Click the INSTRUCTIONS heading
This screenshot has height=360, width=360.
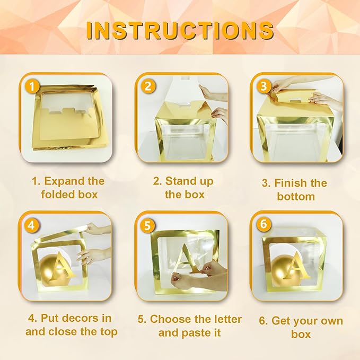point(180,31)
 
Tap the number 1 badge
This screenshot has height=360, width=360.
point(32,87)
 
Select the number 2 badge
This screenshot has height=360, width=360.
point(148,86)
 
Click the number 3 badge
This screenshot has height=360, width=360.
point(264,86)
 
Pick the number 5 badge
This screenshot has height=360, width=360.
point(147,225)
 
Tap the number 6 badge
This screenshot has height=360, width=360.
point(264,224)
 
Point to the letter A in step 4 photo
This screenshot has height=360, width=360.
point(62,266)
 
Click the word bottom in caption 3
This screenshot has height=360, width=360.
point(296,197)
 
